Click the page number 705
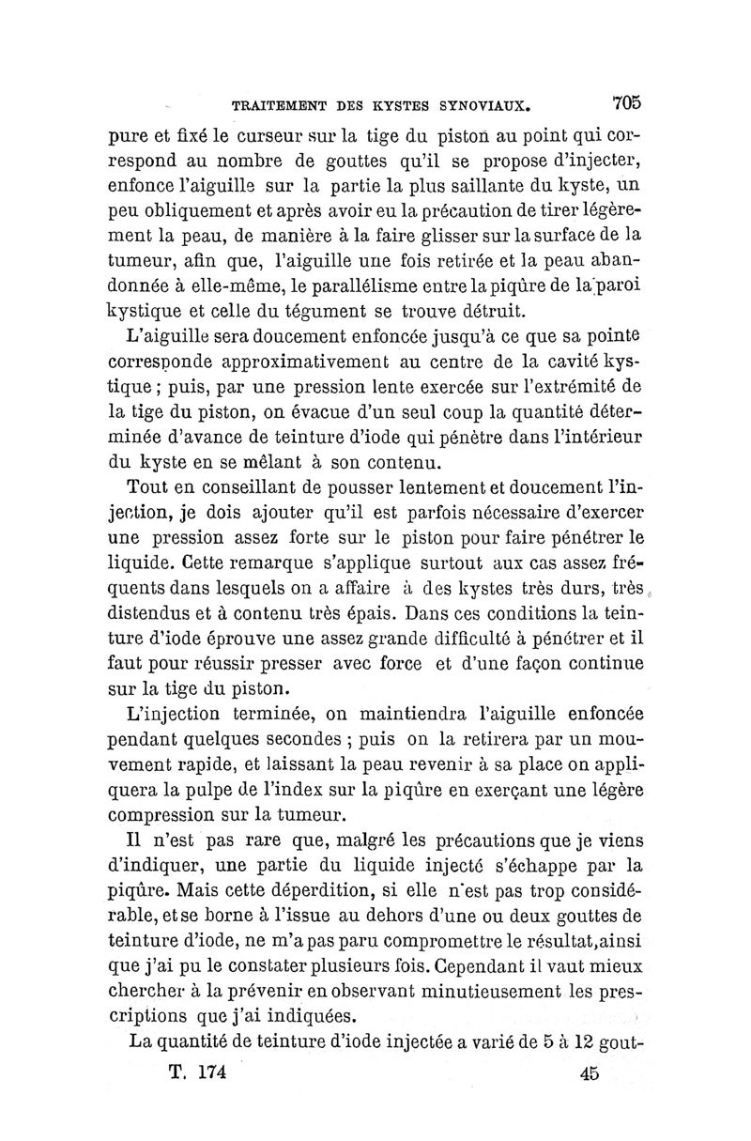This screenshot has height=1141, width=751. [x=624, y=99]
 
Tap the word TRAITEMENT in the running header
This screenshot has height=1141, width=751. [x=266, y=100]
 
